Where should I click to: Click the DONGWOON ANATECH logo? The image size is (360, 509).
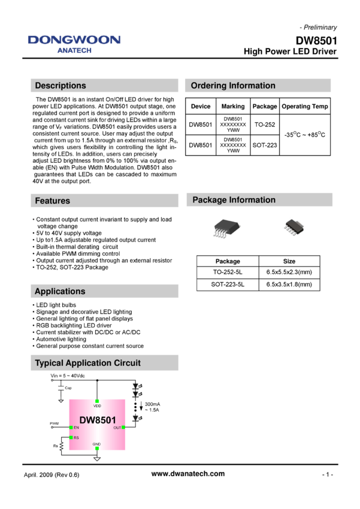74,44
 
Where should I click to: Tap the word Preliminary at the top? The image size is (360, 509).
320,28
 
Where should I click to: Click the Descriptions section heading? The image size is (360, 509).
60,86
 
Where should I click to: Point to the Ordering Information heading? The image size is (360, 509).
233,86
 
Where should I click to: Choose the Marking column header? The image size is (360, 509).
233,107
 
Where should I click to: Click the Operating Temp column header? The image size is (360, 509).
305,107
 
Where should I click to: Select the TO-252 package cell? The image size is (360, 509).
265,125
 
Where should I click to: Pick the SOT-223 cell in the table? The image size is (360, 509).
265,145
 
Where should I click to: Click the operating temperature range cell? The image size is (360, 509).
305,135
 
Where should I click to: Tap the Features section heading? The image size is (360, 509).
53,201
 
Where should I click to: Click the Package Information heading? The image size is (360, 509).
234,200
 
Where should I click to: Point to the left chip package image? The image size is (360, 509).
225,229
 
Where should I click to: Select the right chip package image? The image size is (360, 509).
294,228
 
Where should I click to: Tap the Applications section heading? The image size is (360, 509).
60,292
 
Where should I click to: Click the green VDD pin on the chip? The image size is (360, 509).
97,401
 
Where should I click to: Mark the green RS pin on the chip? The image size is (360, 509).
71,438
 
